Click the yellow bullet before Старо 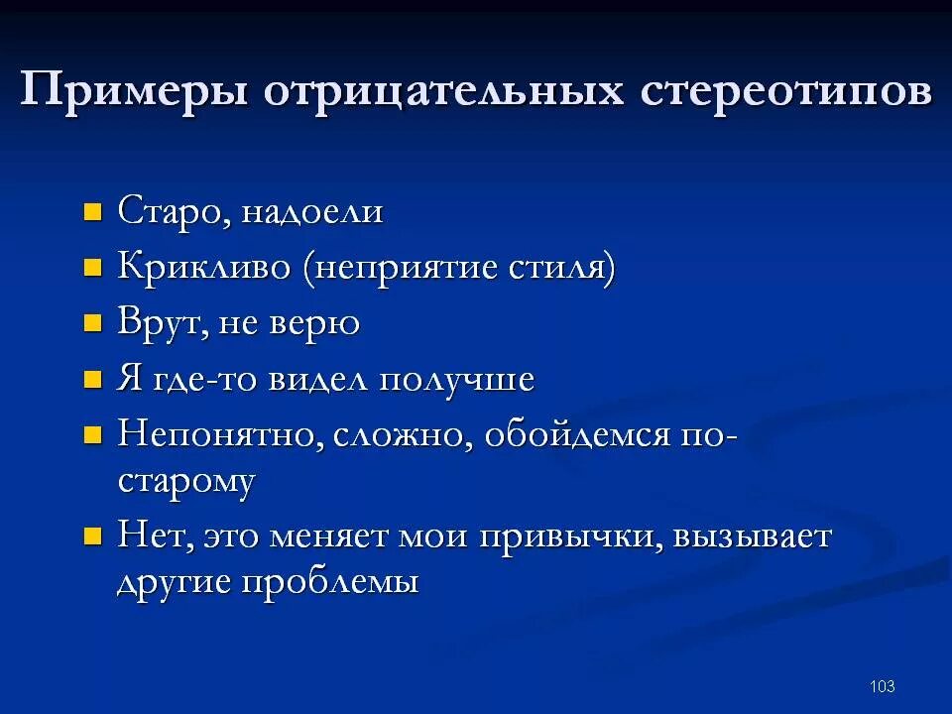pos(92,211)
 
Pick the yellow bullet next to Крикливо pos(92,267)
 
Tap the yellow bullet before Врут pos(92,323)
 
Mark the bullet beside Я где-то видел pos(92,380)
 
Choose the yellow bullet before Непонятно pos(92,435)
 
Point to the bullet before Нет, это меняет pos(92,536)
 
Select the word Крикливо pos(205,267)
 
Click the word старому pos(186,482)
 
